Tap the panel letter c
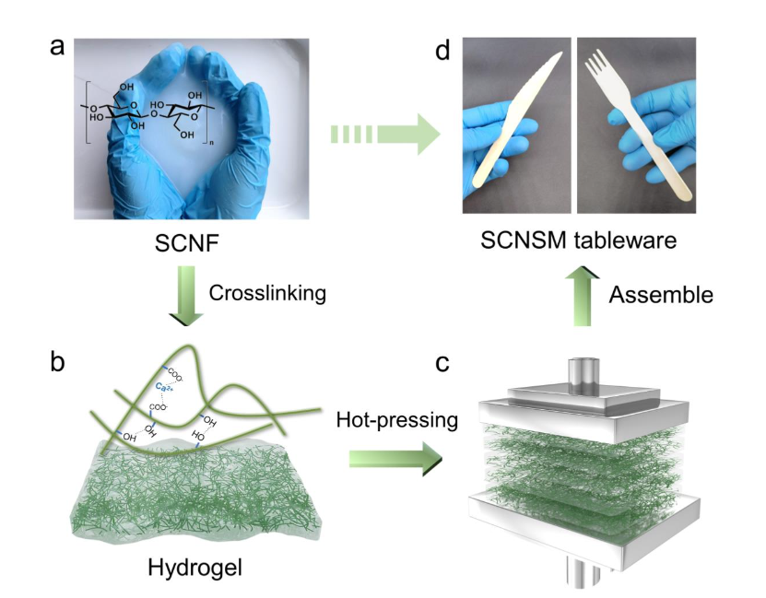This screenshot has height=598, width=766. pos(442,361)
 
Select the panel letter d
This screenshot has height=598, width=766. pos(442,51)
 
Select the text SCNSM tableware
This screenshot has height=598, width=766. pos(578,242)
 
